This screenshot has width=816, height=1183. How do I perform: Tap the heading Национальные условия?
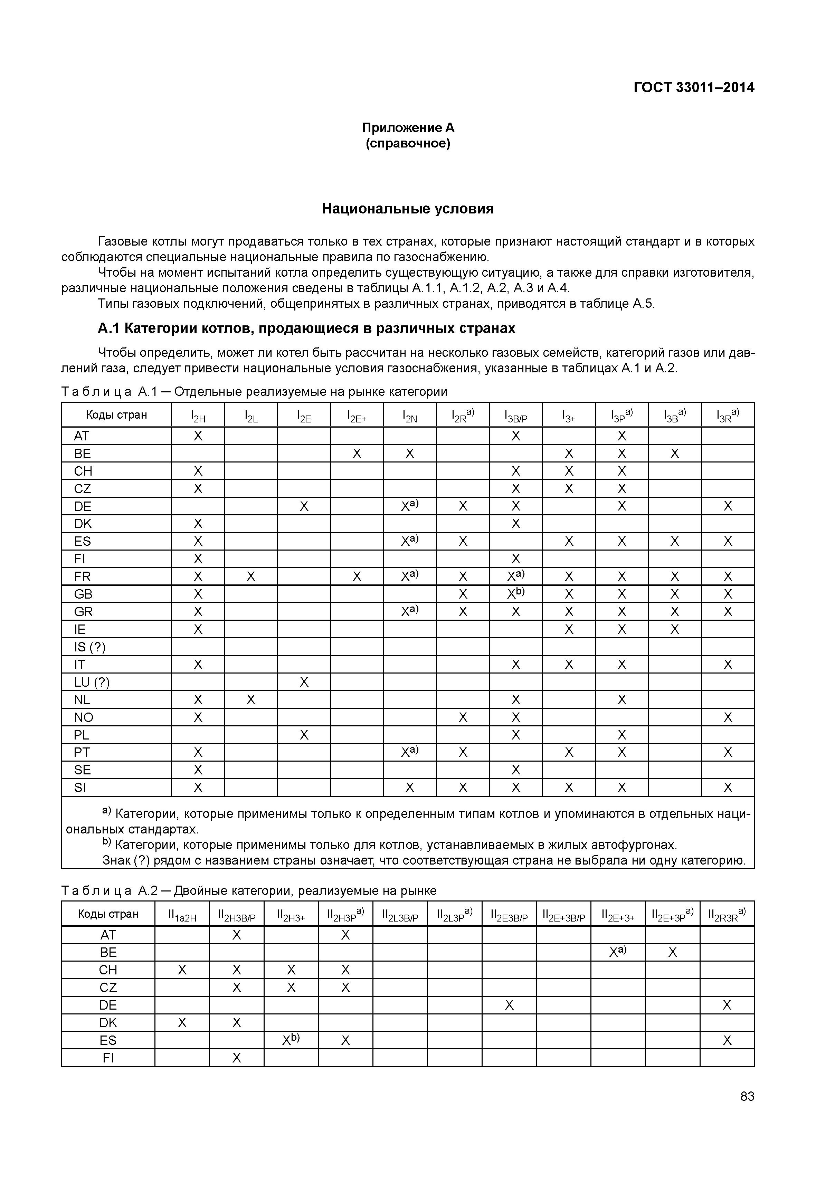click(408, 209)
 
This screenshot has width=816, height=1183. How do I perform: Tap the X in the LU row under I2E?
click(304, 682)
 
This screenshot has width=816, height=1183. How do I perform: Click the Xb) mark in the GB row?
click(515, 594)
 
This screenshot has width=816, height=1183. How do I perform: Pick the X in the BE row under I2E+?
click(357, 454)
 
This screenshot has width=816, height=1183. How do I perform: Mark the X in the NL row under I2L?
click(250, 699)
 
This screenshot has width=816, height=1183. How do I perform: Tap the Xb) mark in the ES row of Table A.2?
click(291, 1040)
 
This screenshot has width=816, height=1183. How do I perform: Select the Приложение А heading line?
click(408, 127)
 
